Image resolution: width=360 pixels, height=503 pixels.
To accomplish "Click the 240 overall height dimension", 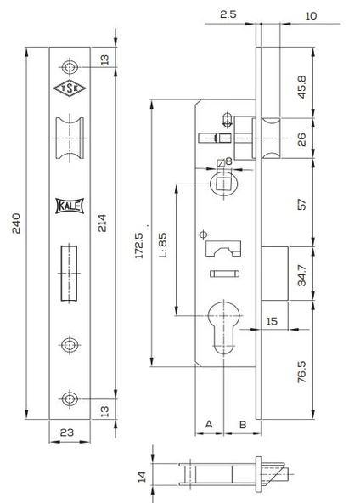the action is (x=16, y=223).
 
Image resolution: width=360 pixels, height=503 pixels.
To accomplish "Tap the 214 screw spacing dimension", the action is (x=102, y=223).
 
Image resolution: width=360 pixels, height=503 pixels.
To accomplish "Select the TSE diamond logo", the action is (x=70, y=88).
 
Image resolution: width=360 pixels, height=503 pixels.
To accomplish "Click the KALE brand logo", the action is (x=70, y=206).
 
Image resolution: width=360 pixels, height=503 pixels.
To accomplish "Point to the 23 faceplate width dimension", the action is (x=67, y=432).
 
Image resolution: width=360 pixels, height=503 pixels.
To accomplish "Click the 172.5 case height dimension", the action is (x=139, y=246).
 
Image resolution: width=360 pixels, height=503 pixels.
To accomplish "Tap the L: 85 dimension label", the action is (x=163, y=245).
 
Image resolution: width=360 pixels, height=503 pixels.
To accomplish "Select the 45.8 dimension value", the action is (x=301, y=87).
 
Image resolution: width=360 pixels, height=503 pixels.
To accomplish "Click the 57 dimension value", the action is (x=301, y=204).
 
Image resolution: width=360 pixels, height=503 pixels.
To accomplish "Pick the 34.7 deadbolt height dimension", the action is (x=301, y=275).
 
